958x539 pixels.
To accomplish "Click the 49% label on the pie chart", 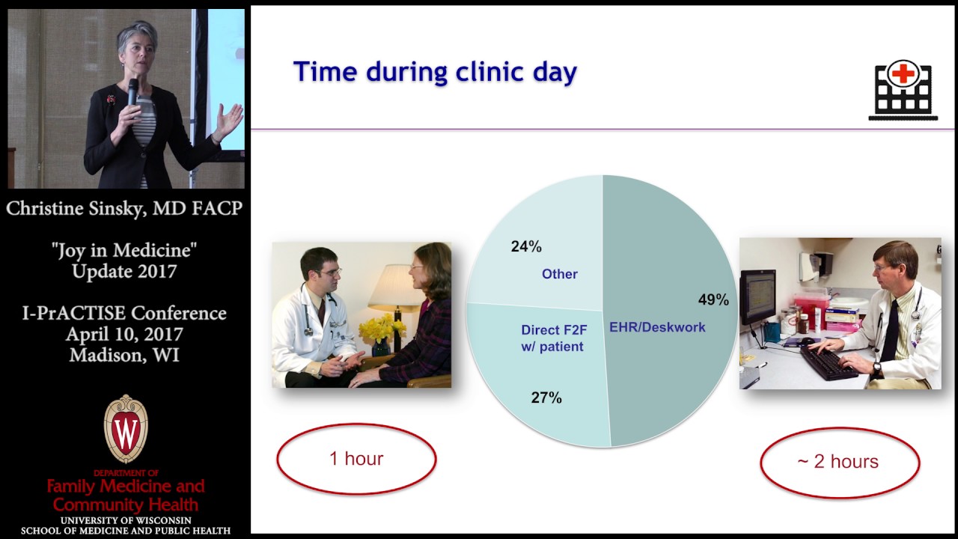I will click(x=713, y=299).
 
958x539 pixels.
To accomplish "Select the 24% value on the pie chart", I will click(x=526, y=246).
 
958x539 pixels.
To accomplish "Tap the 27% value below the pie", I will click(x=546, y=398).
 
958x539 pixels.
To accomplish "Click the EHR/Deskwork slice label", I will click(x=657, y=327).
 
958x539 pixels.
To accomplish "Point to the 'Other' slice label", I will click(x=560, y=274).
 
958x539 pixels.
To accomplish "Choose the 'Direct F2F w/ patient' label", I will click(x=552, y=338).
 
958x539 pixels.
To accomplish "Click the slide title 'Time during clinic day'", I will click(x=435, y=72).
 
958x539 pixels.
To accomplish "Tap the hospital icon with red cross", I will click(x=903, y=90).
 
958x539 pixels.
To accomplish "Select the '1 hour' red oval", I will click(x=356, y=458).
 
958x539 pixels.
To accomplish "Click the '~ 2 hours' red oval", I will click(x=838, y=461).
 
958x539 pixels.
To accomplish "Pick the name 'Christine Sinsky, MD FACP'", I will click(x=125, y=208).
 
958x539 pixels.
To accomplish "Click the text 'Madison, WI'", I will click(x=125, y=355).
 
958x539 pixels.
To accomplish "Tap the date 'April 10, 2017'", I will click(x=125, y=334).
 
